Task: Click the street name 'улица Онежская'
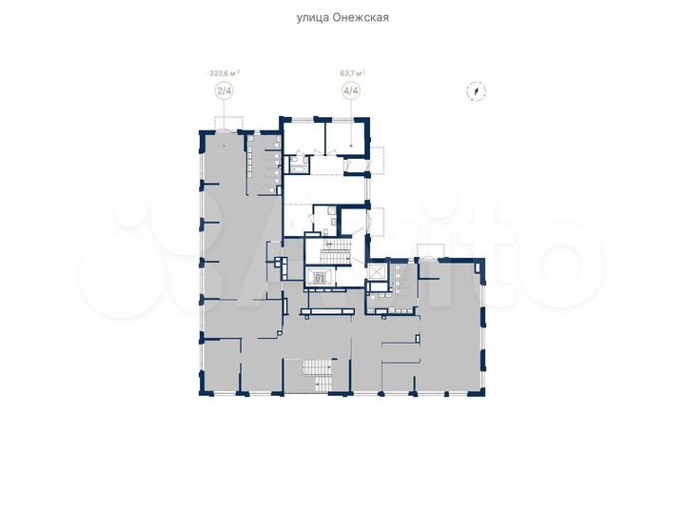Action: coord(342,17)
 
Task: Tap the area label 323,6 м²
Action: coord(225,70)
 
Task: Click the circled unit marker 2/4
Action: coord(225,91)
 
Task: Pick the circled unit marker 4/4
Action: coord(352,91)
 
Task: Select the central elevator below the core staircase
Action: coord(322,279)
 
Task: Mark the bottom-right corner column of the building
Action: coord(483,390)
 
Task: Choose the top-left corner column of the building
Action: coord(200,133)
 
